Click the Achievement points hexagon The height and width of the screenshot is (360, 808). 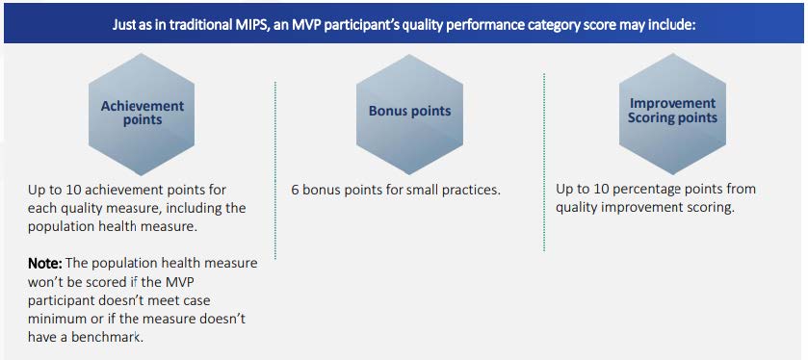142,113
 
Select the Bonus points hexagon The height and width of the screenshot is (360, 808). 409,112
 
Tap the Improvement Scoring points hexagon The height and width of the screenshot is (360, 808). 672,112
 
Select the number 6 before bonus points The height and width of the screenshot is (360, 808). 295,191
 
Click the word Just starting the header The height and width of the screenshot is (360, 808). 126,21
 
